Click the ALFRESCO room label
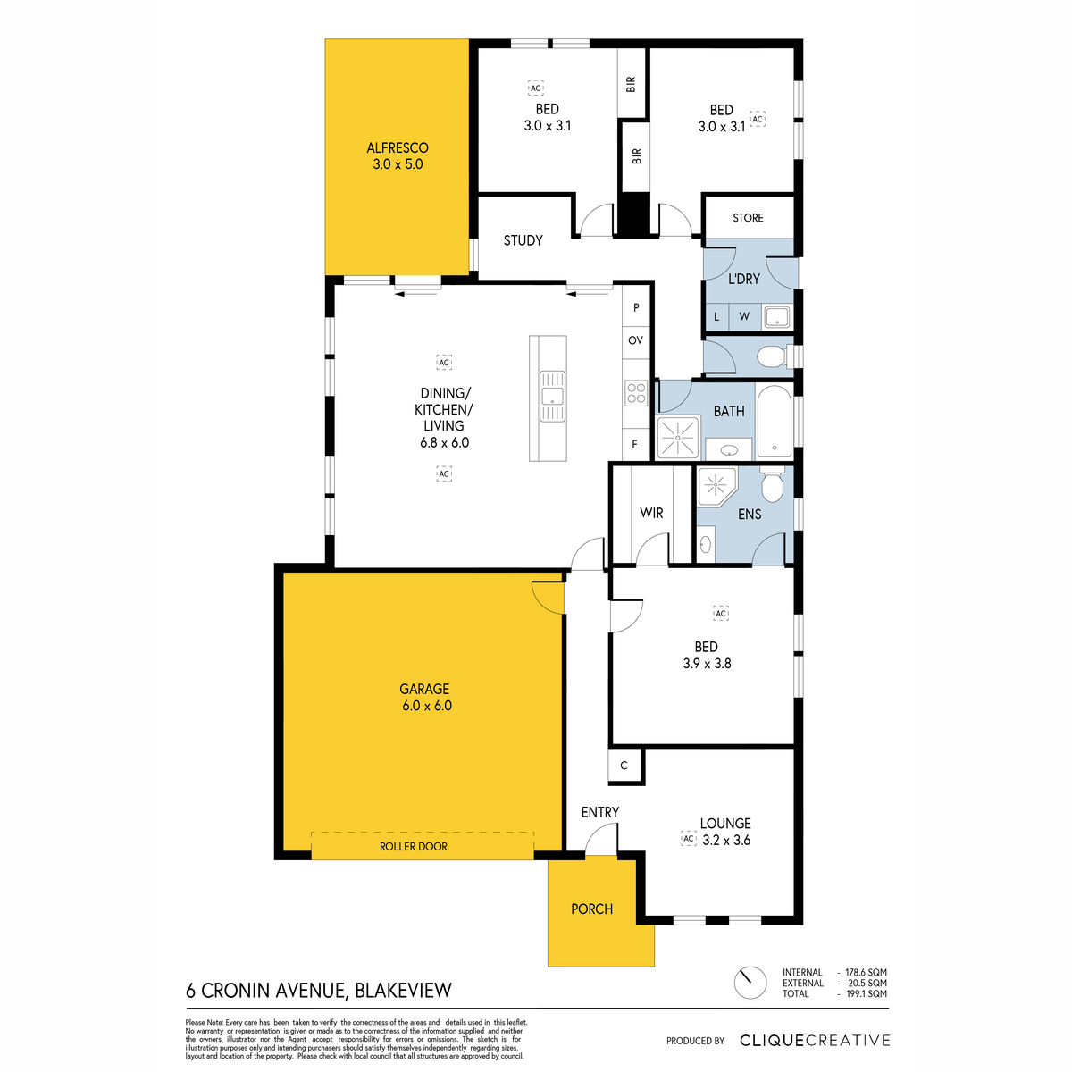click(x=398, y=148)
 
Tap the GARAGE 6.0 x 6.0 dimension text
click(x=427, y=706)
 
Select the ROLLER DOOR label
click(x=414, y=846)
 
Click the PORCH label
click(x=591, y=909)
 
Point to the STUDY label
click(x=523, y=240)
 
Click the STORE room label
click(x=748, y=217)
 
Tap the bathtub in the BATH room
click(x=774, y=421)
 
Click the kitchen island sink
click(x=552, y=396)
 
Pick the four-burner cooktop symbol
click(x=636, y=393)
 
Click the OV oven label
click(x=635, y=339)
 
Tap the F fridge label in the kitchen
click(x=634, y=444)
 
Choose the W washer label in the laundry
click(x=744, y=316)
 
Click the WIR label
click(x=651, y=513)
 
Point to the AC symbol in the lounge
click(x=689, y=838)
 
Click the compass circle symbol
click(x=750, y=983)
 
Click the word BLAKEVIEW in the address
click(x=403, y=991)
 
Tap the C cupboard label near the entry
click(x=624, y=766)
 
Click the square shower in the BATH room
click(x=677, y=437)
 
